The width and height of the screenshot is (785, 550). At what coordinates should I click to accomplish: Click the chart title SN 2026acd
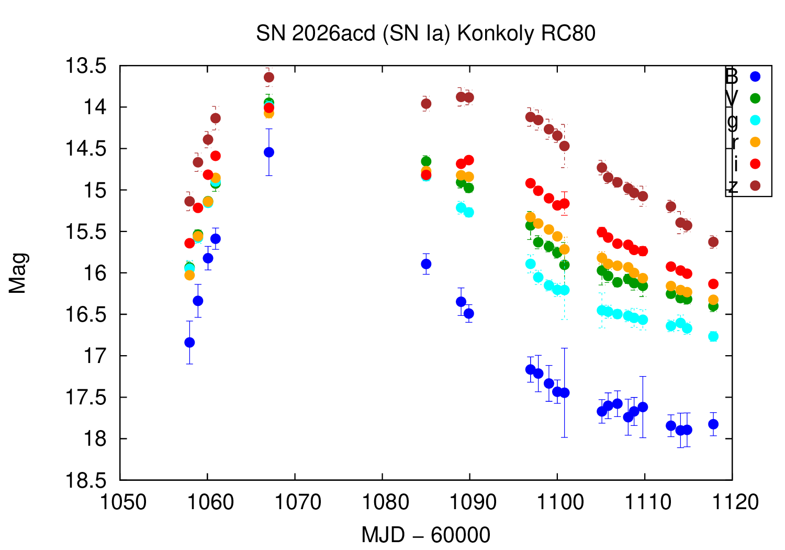click(425, 34)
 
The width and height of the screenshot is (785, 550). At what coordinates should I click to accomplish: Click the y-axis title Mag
click(18, 273)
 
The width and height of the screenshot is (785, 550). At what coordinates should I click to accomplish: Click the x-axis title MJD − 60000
click(425, 535)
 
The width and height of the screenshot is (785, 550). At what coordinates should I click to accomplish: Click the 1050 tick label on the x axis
click(123, 502)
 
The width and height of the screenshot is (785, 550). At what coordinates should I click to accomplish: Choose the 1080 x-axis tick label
click(382, 502)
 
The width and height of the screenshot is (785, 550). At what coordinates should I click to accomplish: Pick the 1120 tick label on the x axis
click(731, 502)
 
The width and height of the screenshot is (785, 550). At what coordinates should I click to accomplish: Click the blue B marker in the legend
click(755, 76)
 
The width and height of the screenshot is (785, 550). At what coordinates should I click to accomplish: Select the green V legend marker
click(755, 98)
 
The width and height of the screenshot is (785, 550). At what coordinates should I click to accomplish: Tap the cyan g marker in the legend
click(755, 120)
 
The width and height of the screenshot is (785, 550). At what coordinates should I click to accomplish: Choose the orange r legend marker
click(755, 142)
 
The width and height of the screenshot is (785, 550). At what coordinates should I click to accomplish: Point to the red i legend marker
click(755, 164)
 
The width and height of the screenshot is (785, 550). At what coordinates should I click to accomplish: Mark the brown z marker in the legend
click(755, 186)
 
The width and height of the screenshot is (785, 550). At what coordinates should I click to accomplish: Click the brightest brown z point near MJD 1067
click(269, 78)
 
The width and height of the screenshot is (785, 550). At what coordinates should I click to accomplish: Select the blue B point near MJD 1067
click(269, 152)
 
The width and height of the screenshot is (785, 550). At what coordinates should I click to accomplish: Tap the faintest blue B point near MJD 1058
click(189, 343)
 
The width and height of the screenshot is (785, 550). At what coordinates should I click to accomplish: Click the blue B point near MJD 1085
click(426, 264)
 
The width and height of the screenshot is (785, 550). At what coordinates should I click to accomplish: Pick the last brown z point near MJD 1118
click(713, 242)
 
